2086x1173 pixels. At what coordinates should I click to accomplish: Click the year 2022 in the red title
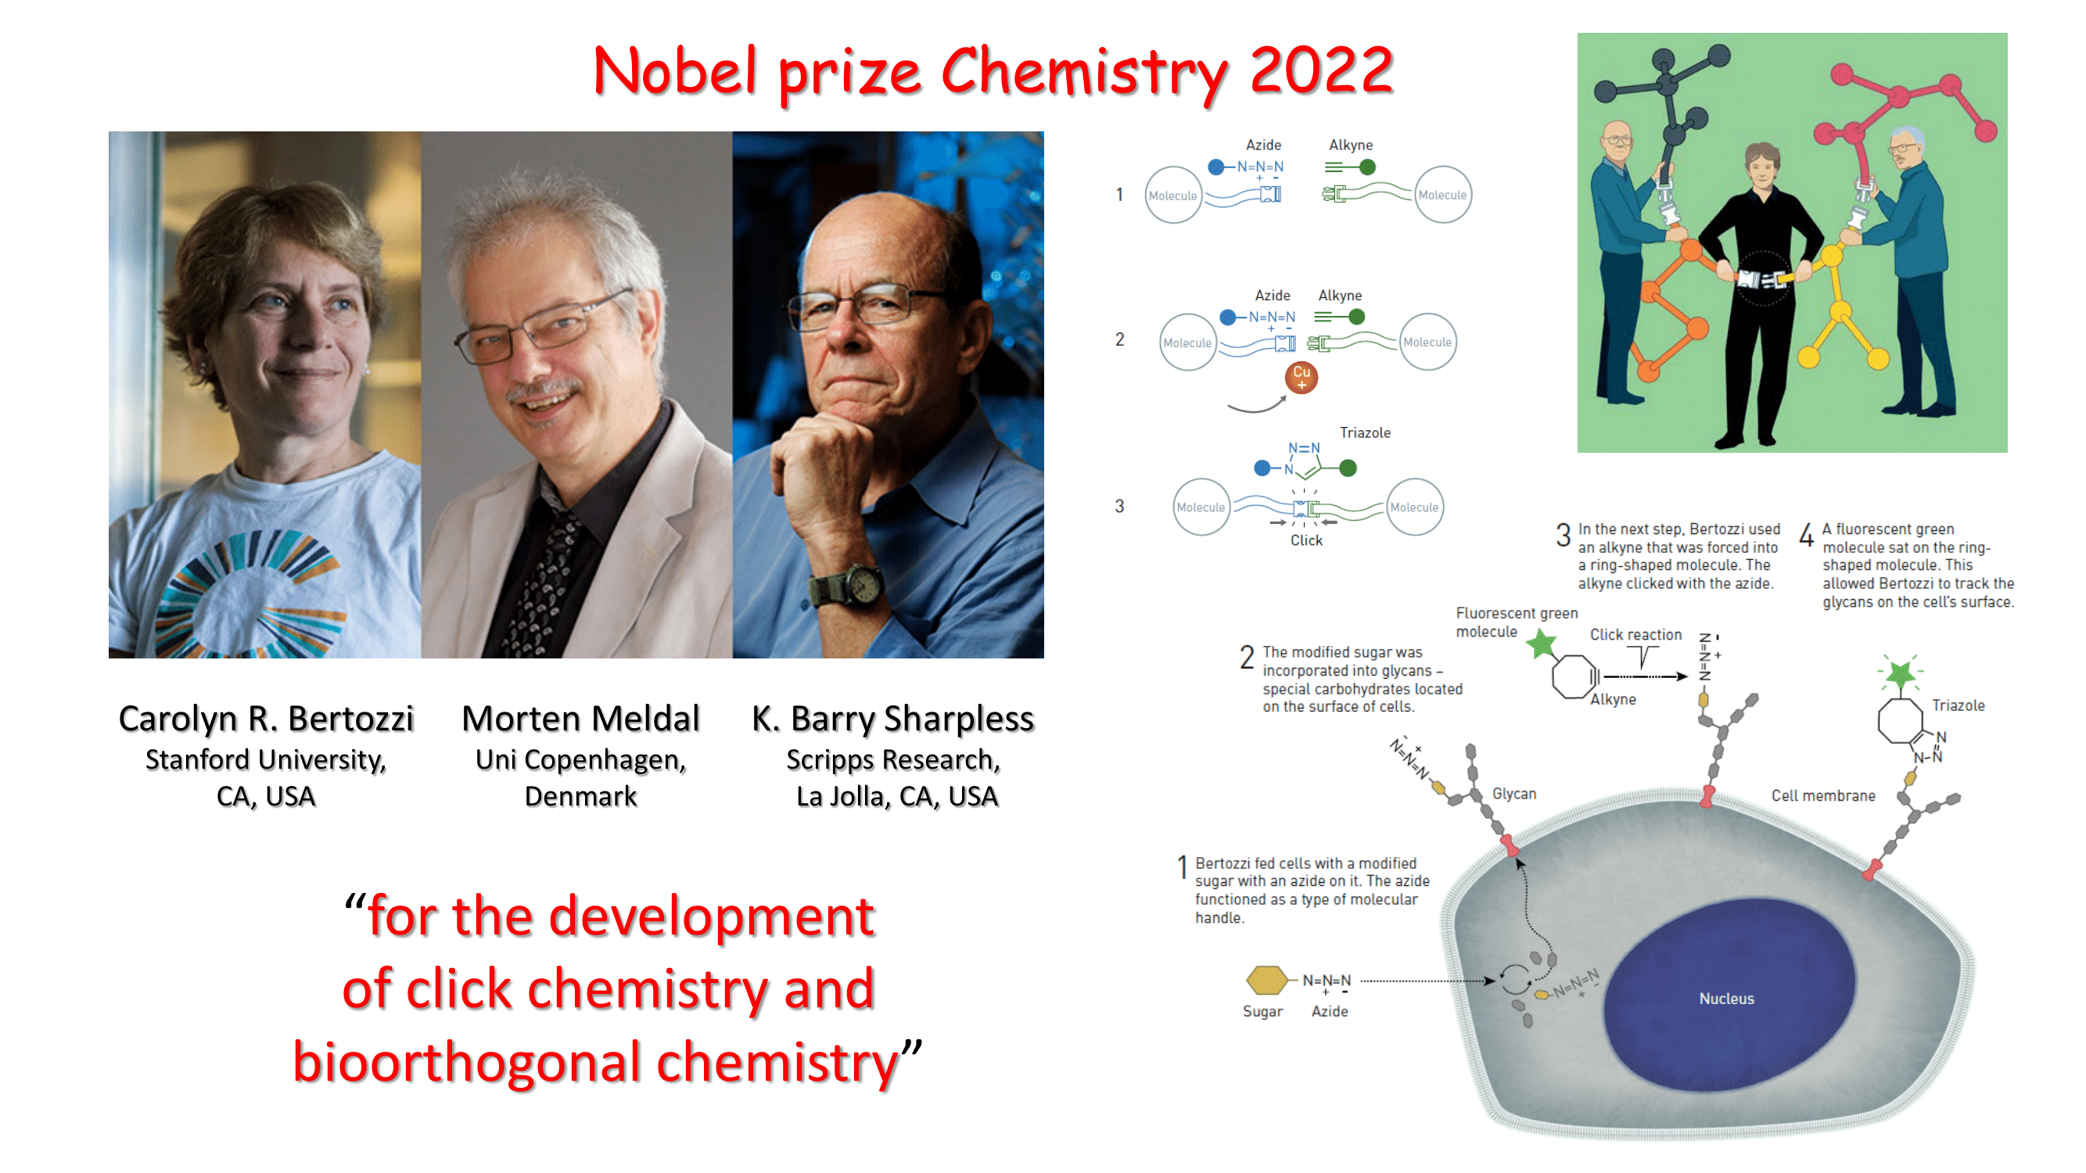(1321, 71)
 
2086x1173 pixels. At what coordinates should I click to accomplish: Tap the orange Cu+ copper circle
(1302, 377)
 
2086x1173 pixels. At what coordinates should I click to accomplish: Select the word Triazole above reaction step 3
(1365, 433)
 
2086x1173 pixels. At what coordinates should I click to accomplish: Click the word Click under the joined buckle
(1306, 541)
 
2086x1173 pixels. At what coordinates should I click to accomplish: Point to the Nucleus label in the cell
(1726, 999)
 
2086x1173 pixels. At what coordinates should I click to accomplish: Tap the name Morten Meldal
(580, 719)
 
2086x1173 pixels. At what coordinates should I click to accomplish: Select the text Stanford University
(266, 760)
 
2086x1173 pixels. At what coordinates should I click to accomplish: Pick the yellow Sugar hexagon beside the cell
(1266, 981)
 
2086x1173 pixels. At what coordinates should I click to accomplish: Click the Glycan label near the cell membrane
(1514, 795)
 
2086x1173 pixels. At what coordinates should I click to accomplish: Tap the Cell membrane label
(1823, 796)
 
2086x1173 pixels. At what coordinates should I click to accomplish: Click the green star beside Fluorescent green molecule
(1542, 644)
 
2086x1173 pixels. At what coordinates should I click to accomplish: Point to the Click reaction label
(1635, 635)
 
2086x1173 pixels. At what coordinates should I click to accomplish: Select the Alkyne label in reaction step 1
(1351, 145)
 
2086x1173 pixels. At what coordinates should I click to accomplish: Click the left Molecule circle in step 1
(1172, 195)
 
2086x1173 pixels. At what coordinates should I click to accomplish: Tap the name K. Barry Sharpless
(893, 719)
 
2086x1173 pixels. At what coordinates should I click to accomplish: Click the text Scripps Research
(893, 760)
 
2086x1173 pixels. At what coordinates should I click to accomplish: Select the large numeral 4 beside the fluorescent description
(1806, 535)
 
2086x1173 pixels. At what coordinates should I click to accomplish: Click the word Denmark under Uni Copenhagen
(580, 797)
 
